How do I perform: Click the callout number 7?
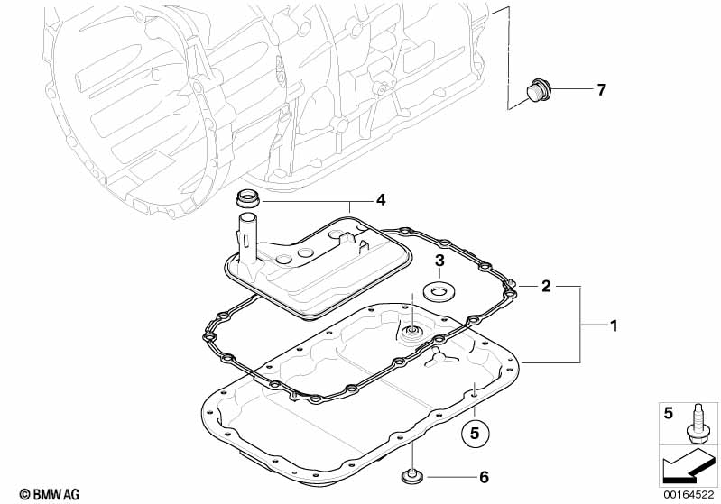click(600, 89)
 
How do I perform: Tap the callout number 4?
click(381, 198)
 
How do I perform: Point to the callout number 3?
click(439, 261)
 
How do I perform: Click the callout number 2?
click(545, 286)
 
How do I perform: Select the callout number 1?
click(614, 325)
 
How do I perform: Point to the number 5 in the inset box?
click(669, 414)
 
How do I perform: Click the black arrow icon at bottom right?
click(689, 467)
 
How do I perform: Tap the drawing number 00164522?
click(689, 492)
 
